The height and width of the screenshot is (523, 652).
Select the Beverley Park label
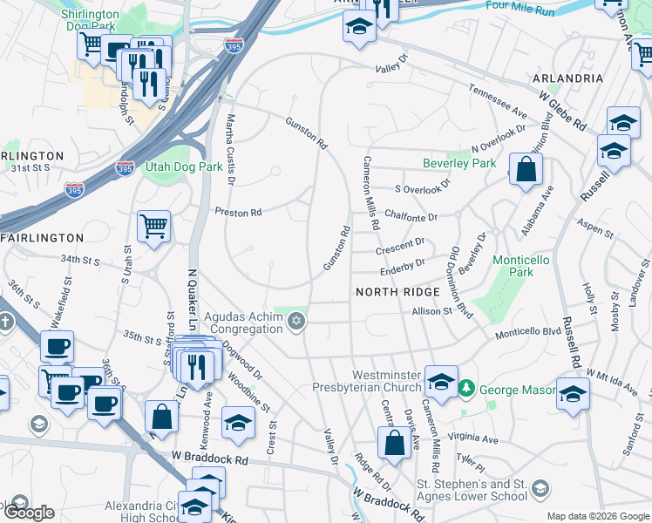point(458,163)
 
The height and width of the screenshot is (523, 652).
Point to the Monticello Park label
point(525,266)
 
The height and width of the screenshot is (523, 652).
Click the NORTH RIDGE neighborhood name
point(390,292)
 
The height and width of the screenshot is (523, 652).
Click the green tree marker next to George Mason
point(466,386)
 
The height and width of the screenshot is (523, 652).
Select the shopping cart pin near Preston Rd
point(153,228)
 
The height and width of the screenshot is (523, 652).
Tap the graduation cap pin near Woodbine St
point(238,423)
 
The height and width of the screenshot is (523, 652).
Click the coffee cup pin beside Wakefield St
point(58,347)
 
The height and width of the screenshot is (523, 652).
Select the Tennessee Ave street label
point(498,101)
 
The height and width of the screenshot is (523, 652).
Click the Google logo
point(29,513)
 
